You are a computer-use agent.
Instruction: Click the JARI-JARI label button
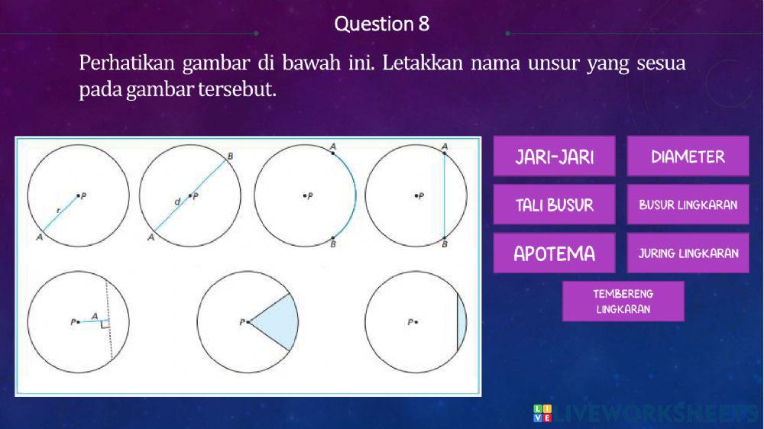click(554, 157)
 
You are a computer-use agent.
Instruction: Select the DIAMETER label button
click(688, 157)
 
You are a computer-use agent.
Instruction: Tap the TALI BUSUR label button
click(554, 205)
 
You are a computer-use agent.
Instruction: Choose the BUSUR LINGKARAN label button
click(688, 205)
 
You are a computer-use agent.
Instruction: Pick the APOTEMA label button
click(554, 253)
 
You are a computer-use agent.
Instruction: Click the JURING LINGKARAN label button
click(688, 253)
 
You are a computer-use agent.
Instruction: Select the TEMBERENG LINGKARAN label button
click(623, 302)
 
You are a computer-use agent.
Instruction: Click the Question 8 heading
click(382, 24)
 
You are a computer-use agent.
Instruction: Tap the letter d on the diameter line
click(176, 202)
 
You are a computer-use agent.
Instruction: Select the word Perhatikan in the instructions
click(127, 63)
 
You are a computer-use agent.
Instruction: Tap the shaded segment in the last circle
click(461, 323)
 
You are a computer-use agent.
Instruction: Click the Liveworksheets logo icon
click(542, 413)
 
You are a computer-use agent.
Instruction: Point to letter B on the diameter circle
click(231, 156)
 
